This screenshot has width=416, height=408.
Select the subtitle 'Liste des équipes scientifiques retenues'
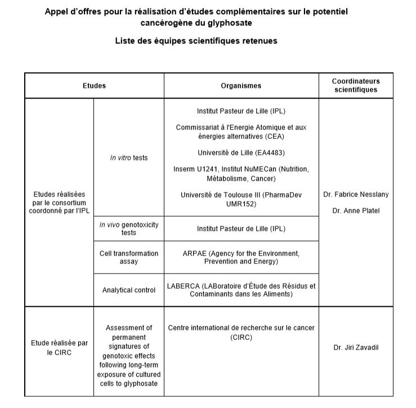(x=196, y=41)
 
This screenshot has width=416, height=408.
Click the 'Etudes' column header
(x=94, y=86)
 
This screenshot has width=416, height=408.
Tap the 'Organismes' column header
(x=241, y=86)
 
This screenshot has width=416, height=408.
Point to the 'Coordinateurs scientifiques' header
(x=356, y=86)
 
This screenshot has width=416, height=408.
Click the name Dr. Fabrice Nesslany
(x=356, y=195)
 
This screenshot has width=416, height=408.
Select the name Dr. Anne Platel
(x=356, y=212)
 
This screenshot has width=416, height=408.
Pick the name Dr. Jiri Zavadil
(x=356, y=347)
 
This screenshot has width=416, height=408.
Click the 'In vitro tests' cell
(x=129, y=158)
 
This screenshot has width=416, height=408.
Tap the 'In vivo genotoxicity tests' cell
(x=129, y=228)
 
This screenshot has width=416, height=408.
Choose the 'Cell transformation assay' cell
(x=129, y=258)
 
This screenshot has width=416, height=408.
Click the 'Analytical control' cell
(x=129, y=290)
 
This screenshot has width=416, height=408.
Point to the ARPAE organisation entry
(x=241, y=258)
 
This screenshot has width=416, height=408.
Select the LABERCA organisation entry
(x=241, y=290)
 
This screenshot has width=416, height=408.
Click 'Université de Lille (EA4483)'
(x=241, y=153)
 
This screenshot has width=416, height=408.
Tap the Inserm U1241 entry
(x=241, y=174)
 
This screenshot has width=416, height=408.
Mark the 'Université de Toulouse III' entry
(x=241, y=200)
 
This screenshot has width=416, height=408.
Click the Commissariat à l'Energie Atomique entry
(x=241, y=132)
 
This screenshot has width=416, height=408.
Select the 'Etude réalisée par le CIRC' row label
(x=59, y=347)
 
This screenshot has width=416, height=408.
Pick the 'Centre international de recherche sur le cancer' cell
(x=241, y=332)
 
